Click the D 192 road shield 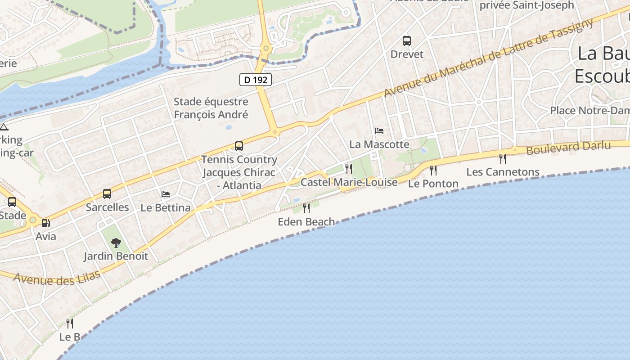[256, 80]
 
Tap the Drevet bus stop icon [407, 41]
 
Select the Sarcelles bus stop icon [107, 194]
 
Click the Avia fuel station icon [45, 223]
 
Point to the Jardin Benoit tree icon [116, 243]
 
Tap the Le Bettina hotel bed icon [166, 194]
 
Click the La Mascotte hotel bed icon [379, 131]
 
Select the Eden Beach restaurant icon [306, 208]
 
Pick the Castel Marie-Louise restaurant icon [349, 169]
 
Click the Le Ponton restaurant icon [433, 171]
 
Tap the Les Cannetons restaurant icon [503, 158]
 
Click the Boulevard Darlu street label [568, 148]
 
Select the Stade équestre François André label [211, 108]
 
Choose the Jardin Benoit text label [116, 256]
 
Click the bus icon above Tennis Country [239, 146]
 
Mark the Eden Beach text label [306, 221]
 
